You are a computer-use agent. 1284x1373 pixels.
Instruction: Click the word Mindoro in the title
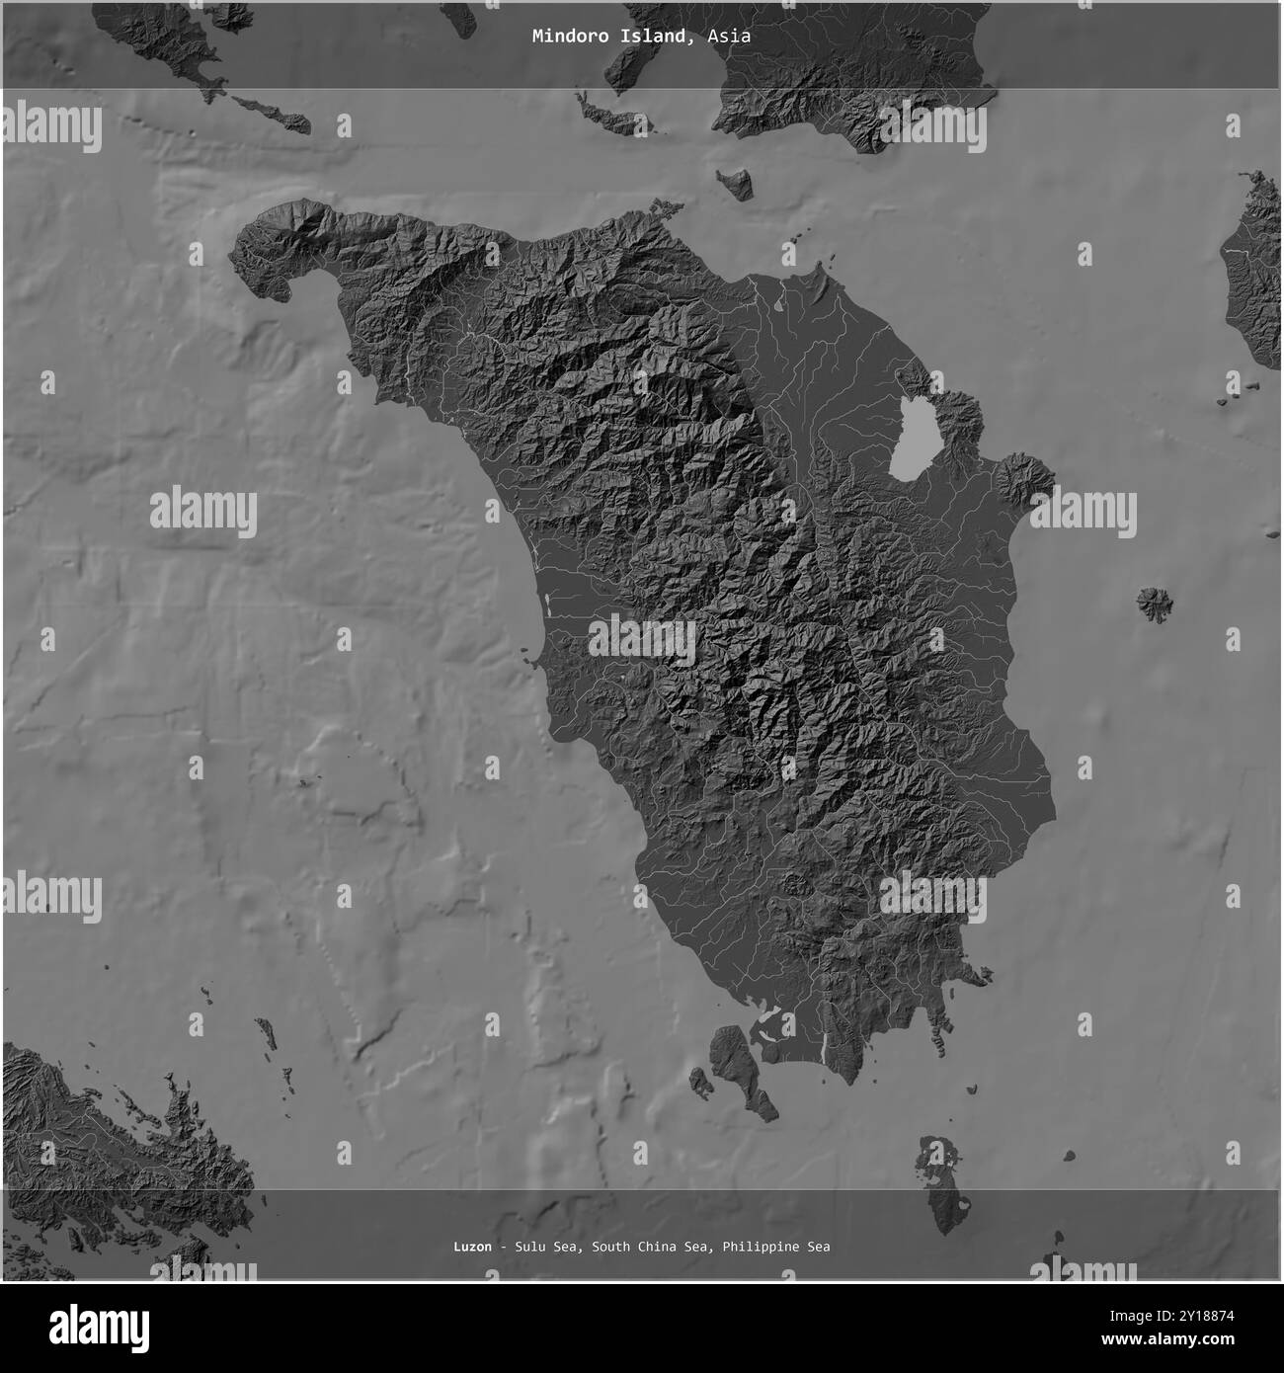click(x=564, y=37)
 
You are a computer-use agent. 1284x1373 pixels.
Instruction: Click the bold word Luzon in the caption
click(x=472, y=1247)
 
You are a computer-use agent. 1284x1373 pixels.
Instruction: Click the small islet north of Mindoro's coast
click(x=735, y=182)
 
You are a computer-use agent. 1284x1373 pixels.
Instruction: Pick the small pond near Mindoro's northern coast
click(x=780, y=303)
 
